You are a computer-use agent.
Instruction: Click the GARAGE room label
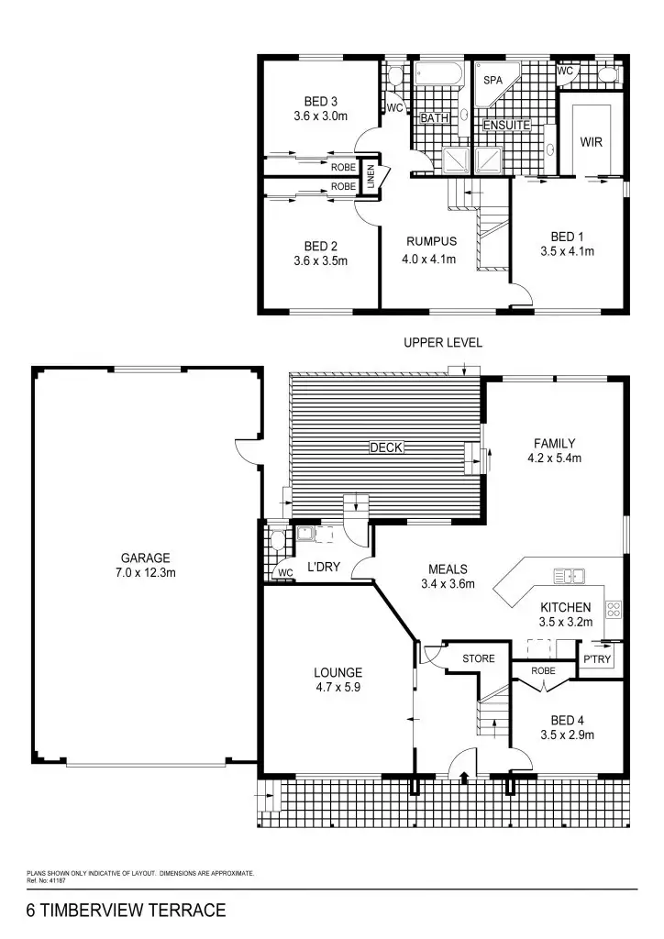click(x=146, y=558)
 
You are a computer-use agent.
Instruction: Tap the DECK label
click(x=386, y=447)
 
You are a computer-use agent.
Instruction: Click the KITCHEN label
click(x=565, y=607)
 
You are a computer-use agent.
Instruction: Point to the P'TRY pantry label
click(x=597, y=659)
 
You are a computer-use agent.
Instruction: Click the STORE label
click(x=478, y=658)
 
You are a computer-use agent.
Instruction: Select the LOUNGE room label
click(x=338, y=672)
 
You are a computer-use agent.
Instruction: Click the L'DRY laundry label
click(x=324, y=568)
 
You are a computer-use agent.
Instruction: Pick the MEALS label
click(x=448, y=569)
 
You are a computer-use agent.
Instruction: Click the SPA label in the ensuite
click(x=492, y=81)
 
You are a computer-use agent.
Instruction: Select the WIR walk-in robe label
click(x=590, y=142)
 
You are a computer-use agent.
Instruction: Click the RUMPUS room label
click(x=431, y=241)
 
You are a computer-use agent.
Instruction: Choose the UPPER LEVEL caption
click(x=443, y=343)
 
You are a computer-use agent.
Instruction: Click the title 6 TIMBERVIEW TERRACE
click(x=127, y=911)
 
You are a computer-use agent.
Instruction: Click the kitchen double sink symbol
click(x=570, y=577)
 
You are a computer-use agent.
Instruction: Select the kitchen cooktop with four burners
click(x=614, y=608)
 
